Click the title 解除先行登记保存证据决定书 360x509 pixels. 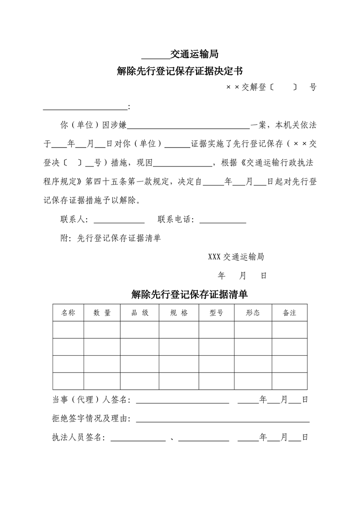[180, 71]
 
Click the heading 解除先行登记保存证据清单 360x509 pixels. [189, 294]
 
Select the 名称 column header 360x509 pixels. [68, 313]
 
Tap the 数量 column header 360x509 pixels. [102, 313]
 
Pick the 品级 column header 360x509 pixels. [139, 313]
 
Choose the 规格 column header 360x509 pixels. [179, 313]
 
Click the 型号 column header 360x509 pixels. [216, 313]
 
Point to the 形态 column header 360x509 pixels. [253, 313]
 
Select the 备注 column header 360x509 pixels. [289, 313]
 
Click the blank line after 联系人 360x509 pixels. [119, 222]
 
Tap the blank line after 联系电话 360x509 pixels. [223, 222]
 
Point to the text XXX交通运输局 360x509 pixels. [236, 257]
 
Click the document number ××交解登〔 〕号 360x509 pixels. [271, 88]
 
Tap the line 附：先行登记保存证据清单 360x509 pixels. [111, 238]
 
